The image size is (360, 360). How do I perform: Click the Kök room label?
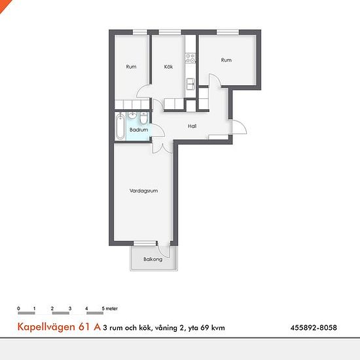click(168, 67)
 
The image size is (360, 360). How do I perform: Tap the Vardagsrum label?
click(143, 190)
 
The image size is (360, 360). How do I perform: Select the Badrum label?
click(139, 130)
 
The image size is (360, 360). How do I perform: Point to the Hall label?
click(192, 126)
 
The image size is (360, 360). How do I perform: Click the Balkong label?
click(153, 259)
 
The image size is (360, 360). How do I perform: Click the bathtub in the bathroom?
click(120, 126)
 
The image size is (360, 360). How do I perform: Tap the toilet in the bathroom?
click(144, 118)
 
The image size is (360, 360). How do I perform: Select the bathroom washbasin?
click(132, 116)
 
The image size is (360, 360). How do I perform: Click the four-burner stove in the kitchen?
click(190, 58)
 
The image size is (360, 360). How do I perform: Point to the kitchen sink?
click(190, 84)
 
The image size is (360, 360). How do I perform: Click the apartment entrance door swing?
click(240, 127)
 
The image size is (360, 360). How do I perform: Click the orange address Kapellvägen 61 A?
click(59, 327)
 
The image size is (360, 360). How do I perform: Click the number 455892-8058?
click(314, 327)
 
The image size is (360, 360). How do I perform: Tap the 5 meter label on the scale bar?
click(110, 308)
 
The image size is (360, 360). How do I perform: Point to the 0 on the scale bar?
click(18, 308)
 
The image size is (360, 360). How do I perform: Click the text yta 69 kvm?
click(206, 328)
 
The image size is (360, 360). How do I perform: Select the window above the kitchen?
click(170, 32)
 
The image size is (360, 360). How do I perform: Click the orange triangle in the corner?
click(4, 5)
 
